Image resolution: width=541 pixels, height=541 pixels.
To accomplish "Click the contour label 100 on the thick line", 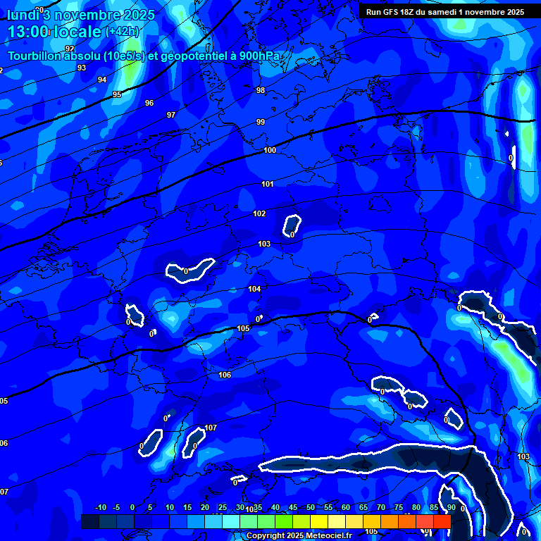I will pyautogui.click(x=270, y=150).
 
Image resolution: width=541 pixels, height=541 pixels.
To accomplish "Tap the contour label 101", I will pyautogui.click(x=267, y=184).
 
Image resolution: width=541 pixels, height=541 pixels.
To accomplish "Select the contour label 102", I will pyautogui.click(x=259, y=213).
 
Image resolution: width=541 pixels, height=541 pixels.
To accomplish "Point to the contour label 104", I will pyautogui.click(x=254, y=289).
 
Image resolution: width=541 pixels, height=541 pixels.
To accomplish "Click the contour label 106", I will pyautogui.click(x=225, y=375).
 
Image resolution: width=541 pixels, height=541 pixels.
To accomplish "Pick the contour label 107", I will pyautogui.click(x=211, y=428).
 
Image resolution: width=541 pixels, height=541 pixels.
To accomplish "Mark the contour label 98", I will pyautogui.click(x=261, y=90).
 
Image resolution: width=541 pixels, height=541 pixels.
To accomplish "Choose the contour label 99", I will pyautogui.click(x=261, y=122).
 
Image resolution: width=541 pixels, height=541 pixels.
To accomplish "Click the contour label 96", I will pyautogui.click(x=149, y=103).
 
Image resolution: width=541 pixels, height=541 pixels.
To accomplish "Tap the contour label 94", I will pyautogui.click(x=102, y=80).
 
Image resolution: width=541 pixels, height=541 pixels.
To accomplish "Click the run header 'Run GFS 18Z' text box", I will pyautogui.click(x=445, y=12).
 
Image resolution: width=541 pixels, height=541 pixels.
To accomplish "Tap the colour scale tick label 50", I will pyautogui.click(x=311, y=507).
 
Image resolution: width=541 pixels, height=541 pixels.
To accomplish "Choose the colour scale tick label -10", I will pyautogui.click(x=100, y=507).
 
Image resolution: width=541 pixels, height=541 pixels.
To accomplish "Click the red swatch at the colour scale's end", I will pyautogui.click(x=442, y=521).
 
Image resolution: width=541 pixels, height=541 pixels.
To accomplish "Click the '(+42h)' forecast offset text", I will pyautogui.click(x=122, y=32).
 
